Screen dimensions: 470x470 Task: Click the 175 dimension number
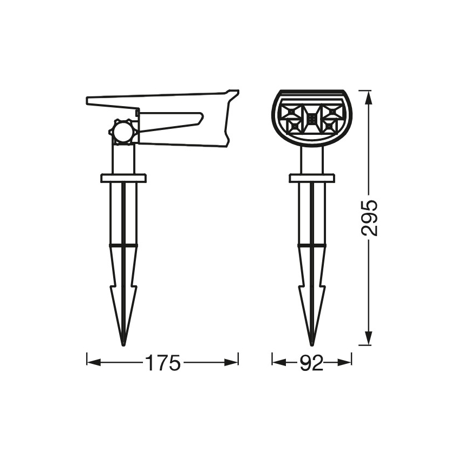[x=163, y=363]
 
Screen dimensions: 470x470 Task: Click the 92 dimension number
[x=312, y=363]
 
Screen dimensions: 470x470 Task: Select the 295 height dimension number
[x=369, y=218]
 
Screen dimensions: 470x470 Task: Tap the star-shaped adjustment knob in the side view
[x=124, y=132]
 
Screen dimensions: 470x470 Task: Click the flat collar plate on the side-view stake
[x=123, y=178]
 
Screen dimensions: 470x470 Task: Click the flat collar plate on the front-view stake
[x=312, y=178]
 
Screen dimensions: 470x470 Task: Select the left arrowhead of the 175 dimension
[x=94, y=363]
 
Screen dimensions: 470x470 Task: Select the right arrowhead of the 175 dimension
[x=231, y=363]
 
